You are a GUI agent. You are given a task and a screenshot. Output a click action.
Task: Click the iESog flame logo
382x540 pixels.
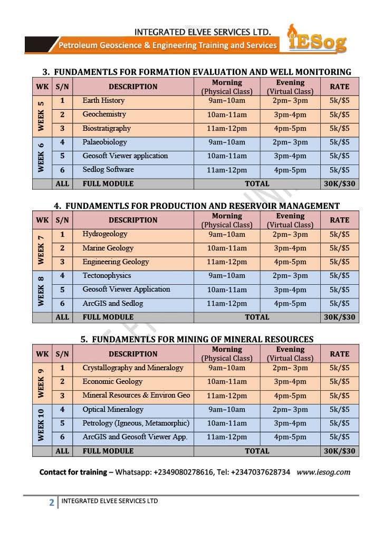317,39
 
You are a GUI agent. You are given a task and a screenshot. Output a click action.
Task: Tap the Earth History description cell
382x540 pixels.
103,101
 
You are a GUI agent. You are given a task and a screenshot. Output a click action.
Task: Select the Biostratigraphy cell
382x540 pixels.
106,129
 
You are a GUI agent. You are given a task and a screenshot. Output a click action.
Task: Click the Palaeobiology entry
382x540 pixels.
104,142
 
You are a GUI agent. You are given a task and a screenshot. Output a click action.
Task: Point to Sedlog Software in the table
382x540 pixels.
108,170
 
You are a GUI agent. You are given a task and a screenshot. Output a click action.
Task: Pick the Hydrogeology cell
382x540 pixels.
105,234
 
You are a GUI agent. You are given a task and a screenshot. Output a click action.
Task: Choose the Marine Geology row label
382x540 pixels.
108,248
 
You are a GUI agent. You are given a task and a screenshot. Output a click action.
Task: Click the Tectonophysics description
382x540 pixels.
107,276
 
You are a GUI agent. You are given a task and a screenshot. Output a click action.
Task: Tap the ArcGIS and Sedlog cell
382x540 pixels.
112,304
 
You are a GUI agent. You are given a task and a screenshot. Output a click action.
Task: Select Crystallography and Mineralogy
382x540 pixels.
133,368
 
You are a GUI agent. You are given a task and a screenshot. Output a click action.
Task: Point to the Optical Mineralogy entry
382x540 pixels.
113,410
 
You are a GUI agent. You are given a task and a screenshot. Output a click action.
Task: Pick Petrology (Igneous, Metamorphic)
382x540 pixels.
136,423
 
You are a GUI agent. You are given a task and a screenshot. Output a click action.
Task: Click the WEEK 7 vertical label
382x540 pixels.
41,248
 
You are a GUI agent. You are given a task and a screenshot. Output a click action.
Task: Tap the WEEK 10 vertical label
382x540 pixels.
41,423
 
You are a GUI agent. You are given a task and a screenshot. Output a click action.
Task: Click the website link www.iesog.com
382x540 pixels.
323,472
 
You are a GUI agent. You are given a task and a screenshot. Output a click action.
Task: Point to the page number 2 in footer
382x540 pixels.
51,503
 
